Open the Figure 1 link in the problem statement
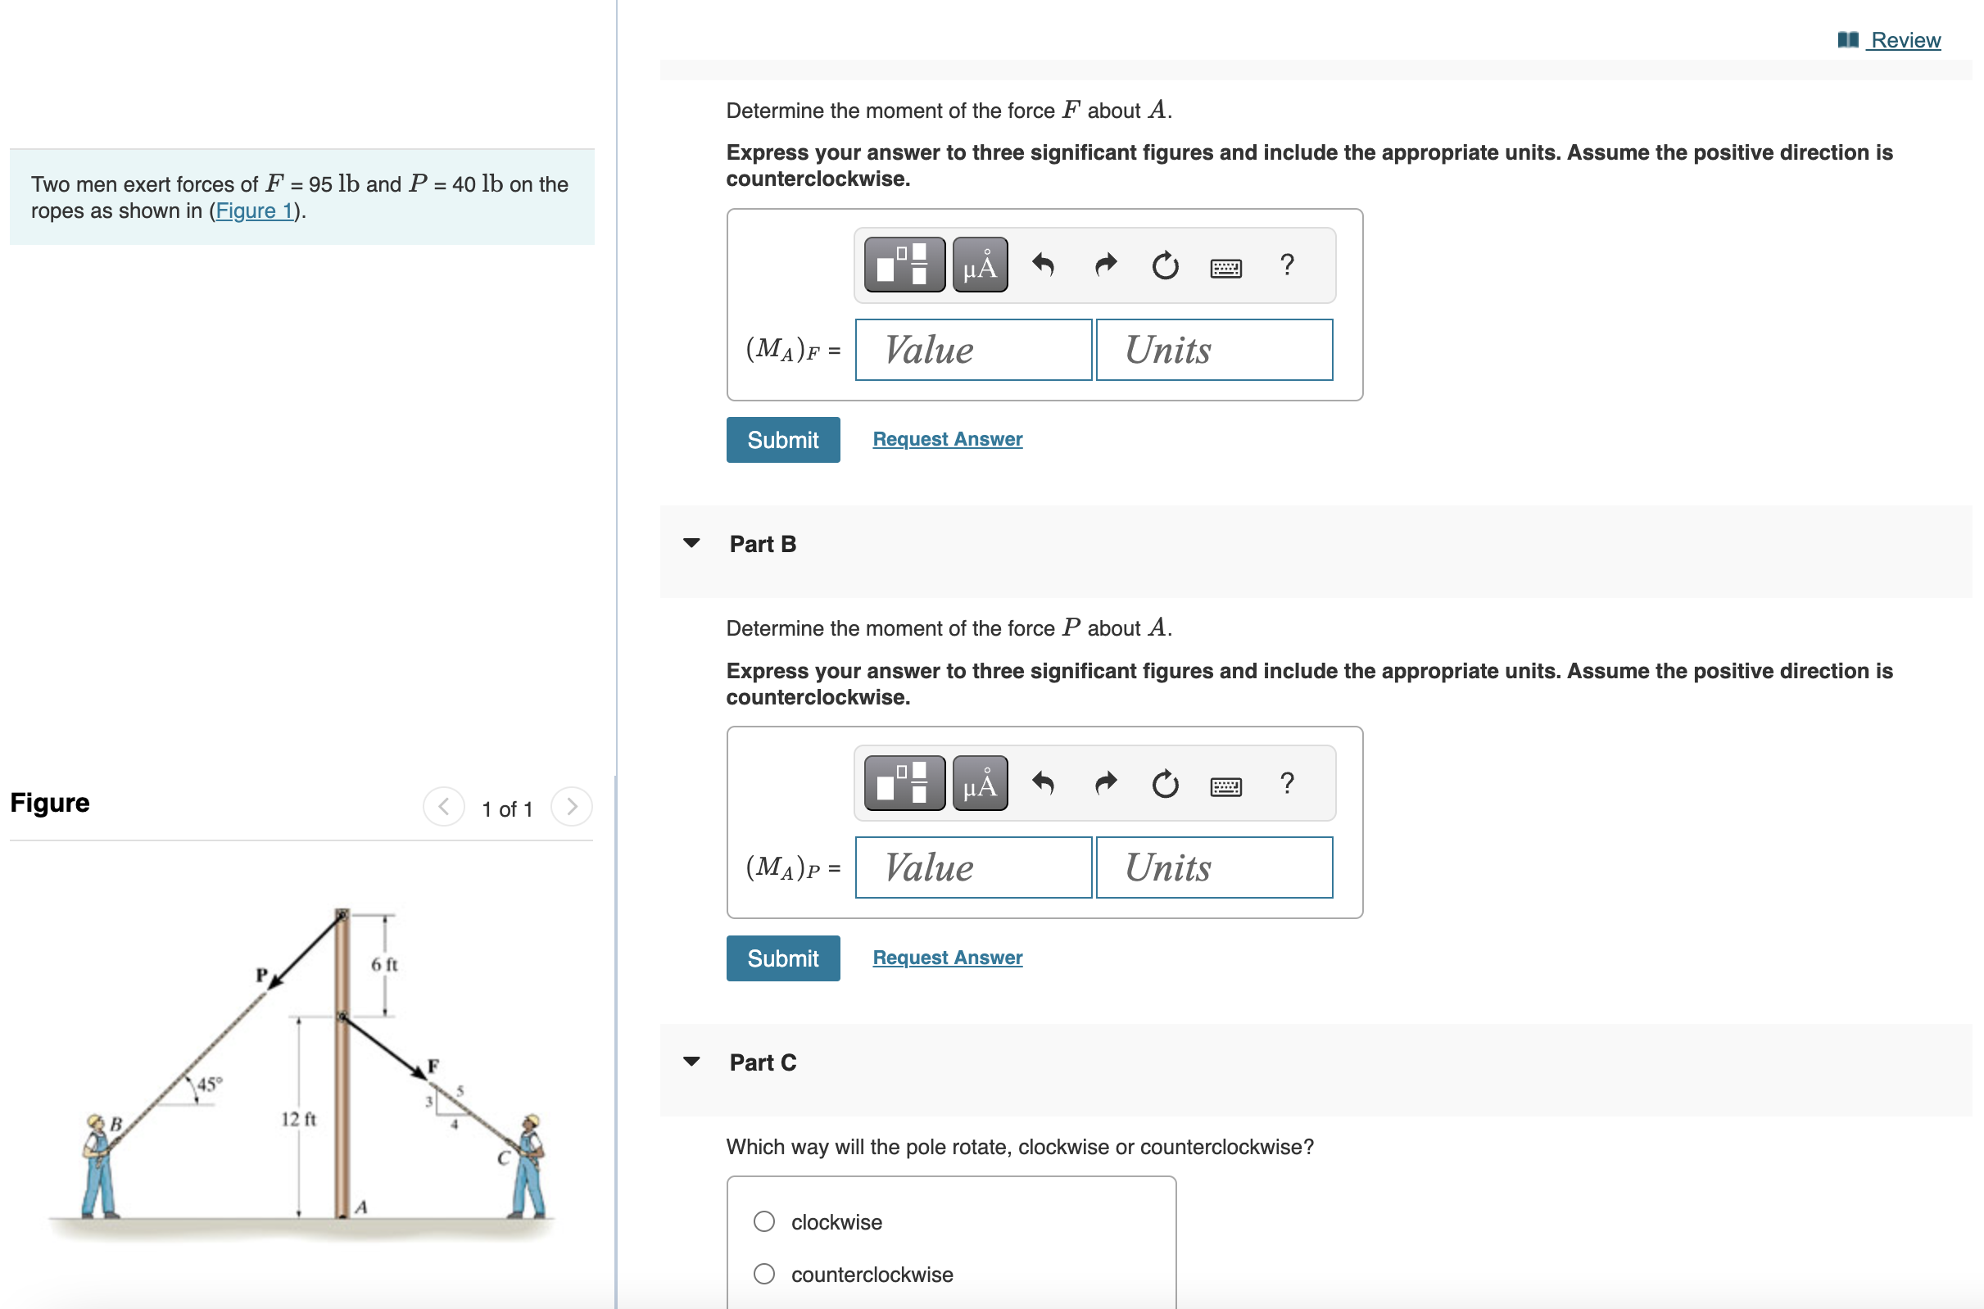pos(254,211)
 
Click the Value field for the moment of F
pos(972,350)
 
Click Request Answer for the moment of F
pos(946,439)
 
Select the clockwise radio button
pos(763,1221)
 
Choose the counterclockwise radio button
pos(763,1274)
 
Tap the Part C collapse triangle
pos(691,1062)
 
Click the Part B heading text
pos(762,544)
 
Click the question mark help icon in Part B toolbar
pos(1286,783)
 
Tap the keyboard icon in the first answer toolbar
pos(1225,267)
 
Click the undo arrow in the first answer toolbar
pos(1043,265)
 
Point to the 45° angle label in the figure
pos(209,1084)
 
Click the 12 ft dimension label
pos(298,1119)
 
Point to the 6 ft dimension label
pos(384,964)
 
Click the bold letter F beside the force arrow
pos(433,1065)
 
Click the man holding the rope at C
pos(529,1166)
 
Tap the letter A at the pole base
pos(360,1207)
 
